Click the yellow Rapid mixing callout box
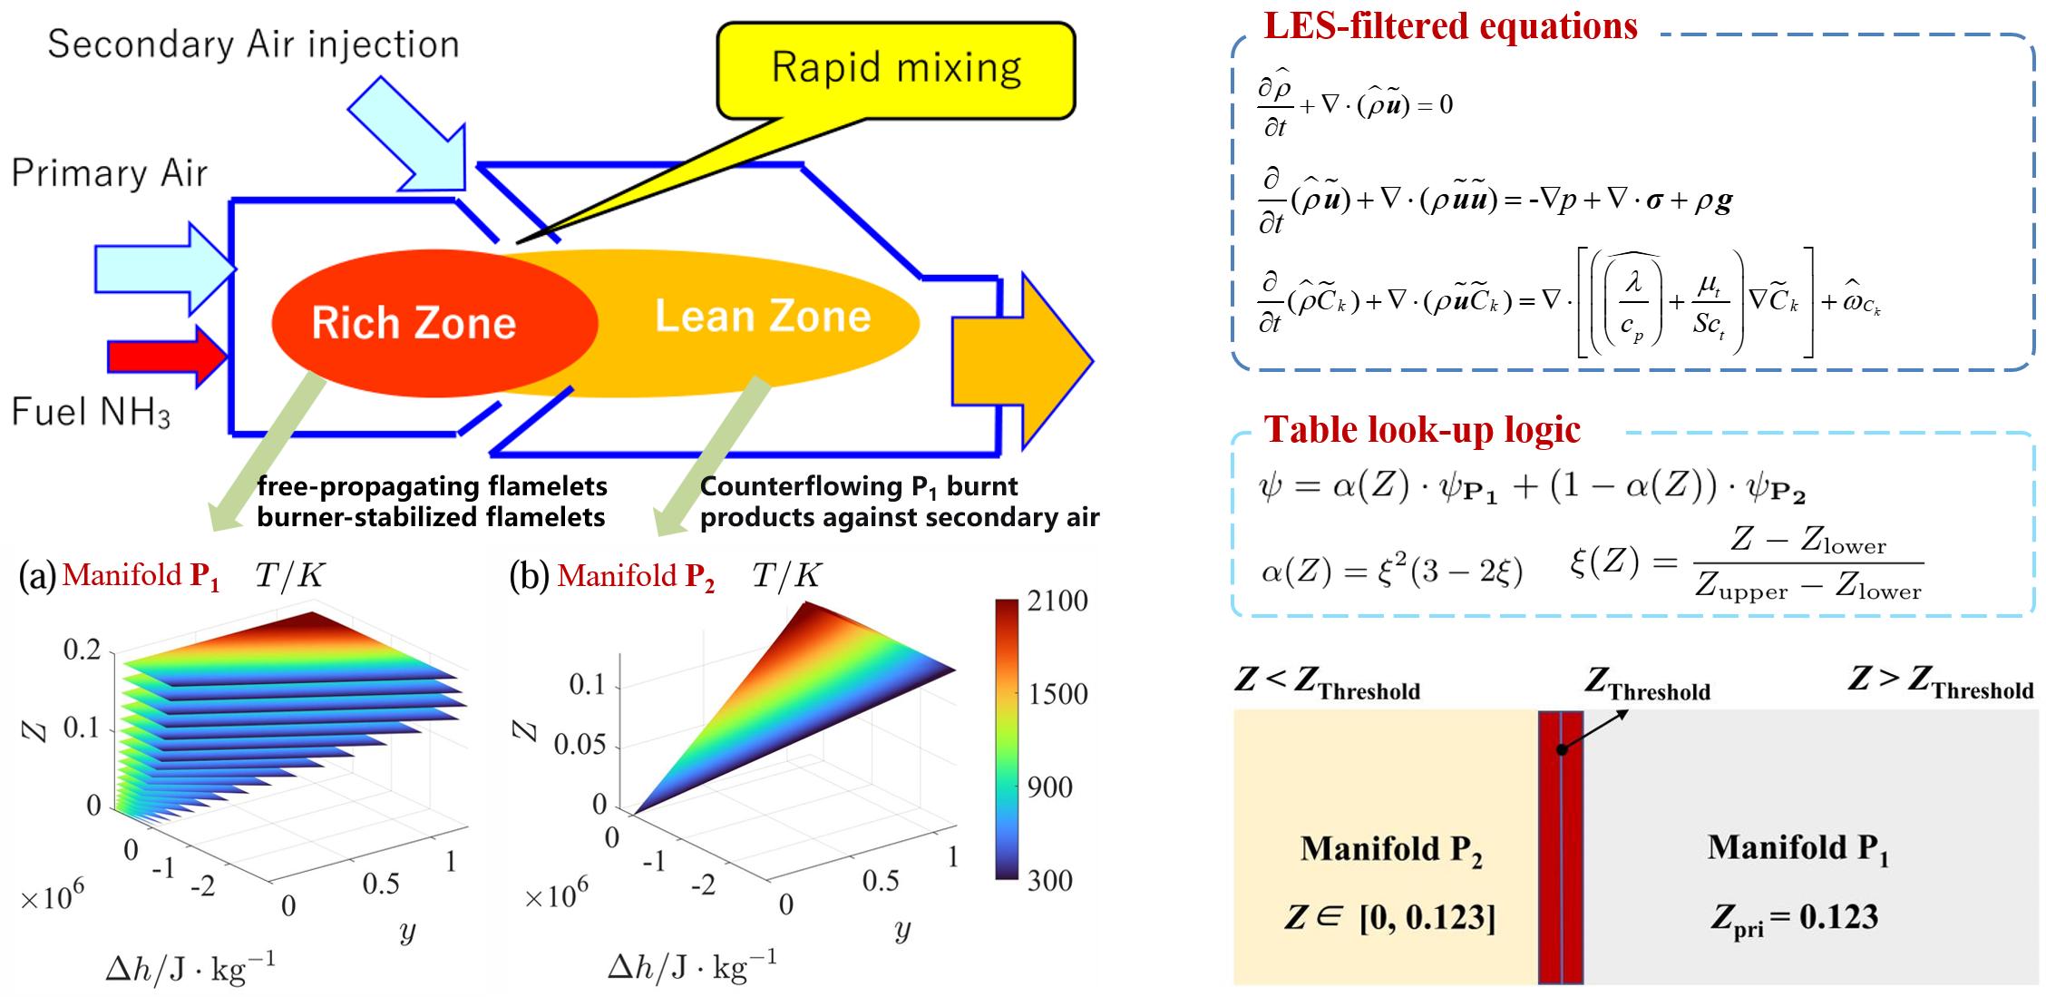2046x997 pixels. (896, 70)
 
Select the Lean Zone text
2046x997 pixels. (763, 317)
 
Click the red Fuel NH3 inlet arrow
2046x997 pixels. (167, 357)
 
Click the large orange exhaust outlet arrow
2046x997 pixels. (1022, 361)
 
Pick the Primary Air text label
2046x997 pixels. (110, 173)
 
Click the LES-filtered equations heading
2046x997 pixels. (1451, 25)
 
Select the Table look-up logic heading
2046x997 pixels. (1422, 429)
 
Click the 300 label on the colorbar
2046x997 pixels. (1050, 880)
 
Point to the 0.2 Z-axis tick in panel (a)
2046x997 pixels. (82, 650)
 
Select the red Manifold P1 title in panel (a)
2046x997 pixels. (141, 577)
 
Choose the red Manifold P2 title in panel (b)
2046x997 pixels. (637, 577)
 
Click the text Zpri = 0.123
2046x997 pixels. (1794, 918)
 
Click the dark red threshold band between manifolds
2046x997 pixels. (1561, 847)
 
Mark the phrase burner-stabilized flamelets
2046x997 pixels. (431, 518)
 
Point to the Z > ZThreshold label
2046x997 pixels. (1941, 683)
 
